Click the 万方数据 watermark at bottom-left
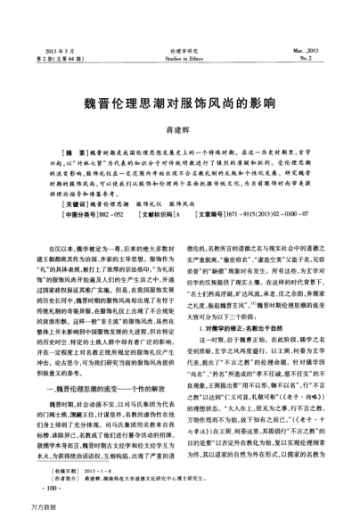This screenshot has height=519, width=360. pyautogui.click(x=20, y=509)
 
